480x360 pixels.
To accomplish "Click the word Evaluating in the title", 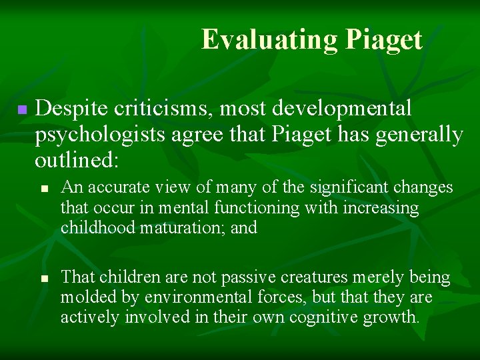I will (270, 39).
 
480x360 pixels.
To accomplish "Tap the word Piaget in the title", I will (383, 39).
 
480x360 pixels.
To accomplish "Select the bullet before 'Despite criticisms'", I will (22, 109).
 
